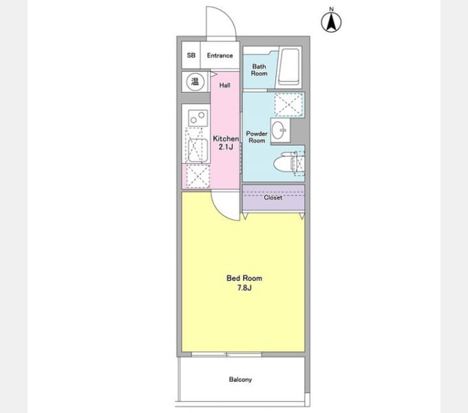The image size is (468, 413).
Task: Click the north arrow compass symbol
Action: click(331, 20)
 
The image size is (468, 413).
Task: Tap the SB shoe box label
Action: click(191, 55)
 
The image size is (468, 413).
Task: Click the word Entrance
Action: click(220, 55)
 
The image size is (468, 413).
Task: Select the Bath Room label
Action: click(259, 70)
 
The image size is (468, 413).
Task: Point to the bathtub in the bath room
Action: click(288, 67)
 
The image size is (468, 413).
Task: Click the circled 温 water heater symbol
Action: click(195, 81)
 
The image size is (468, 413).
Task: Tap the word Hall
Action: click(225, 85)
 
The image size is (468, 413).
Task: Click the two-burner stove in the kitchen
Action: click(198, 118)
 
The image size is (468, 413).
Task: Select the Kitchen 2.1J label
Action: click(226, 142)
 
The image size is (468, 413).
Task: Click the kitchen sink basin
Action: click(198, 150)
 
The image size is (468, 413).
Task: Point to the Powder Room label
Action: click(257, 137)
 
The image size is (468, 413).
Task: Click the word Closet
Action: click(273, 198)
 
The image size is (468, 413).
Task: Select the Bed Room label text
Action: click(244, 278)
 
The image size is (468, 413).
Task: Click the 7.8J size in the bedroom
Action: click(244, 288)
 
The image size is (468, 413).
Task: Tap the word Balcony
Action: click(240, 379)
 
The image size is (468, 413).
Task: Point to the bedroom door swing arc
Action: click(221, 211)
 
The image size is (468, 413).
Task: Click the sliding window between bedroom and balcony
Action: click(226, 354)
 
